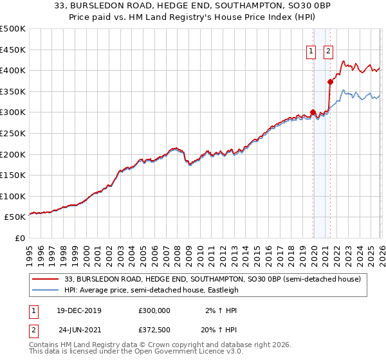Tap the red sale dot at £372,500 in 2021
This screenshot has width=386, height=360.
pos(330,82)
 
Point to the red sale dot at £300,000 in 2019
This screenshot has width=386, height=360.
pos(313,112)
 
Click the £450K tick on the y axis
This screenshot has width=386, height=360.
pos(13,50)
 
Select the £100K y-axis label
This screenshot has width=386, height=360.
pos(13,196)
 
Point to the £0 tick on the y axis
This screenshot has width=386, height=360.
pos(20,238)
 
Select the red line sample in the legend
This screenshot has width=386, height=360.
pos(46,279)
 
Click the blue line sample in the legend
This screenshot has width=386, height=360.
pos(46,290)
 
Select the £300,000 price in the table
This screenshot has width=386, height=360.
pos(154,310)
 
